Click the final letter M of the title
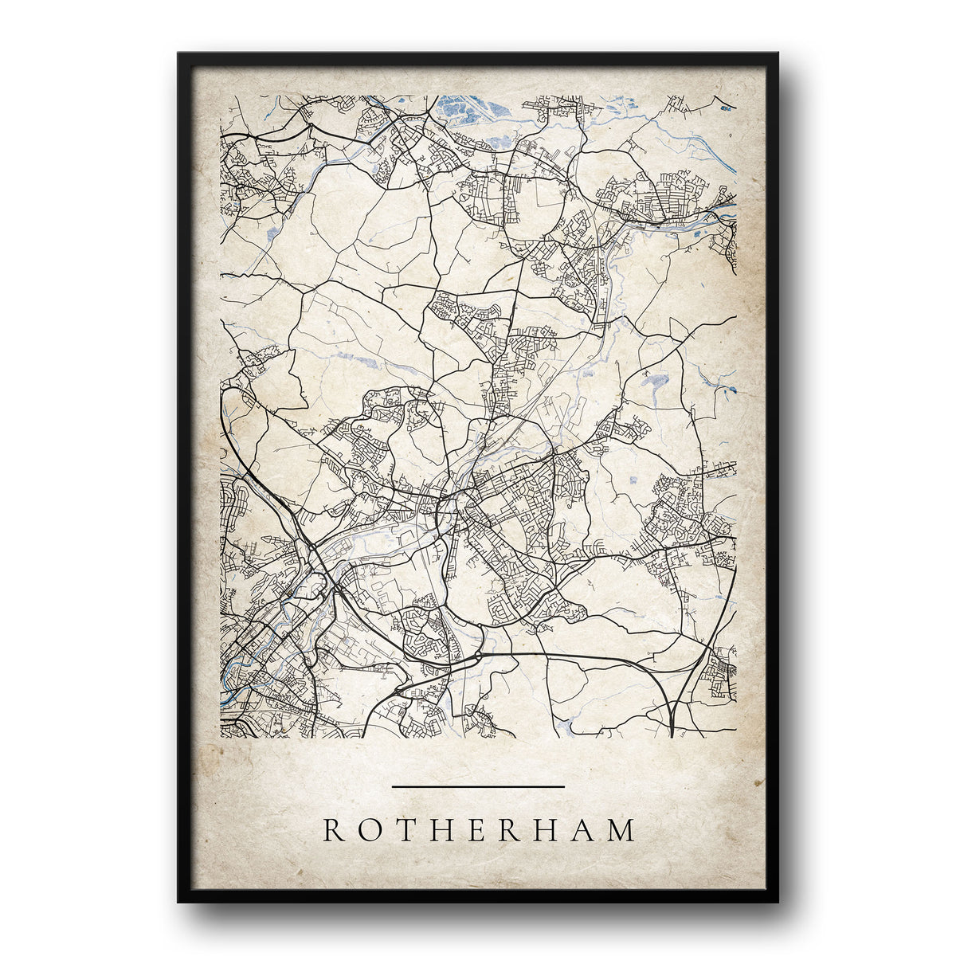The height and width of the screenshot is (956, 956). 622,830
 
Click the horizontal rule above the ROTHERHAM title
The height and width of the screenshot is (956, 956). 478,786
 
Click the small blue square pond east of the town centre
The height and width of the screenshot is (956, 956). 633,480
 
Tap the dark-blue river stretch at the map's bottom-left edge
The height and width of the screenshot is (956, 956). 228,695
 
